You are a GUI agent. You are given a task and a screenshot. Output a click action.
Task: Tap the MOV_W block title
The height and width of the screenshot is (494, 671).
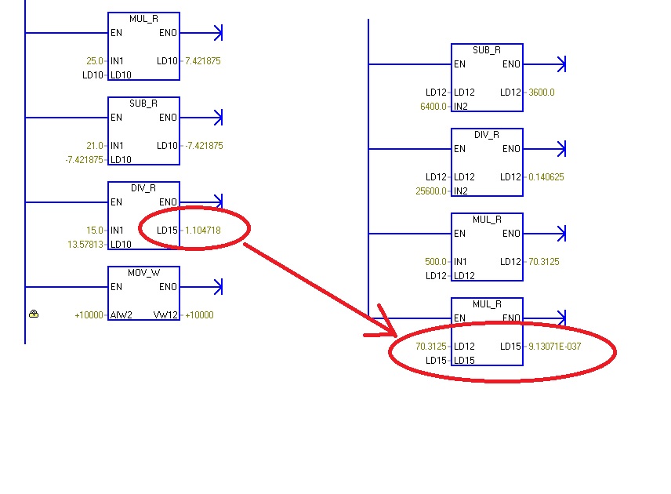click(x=143, y=272)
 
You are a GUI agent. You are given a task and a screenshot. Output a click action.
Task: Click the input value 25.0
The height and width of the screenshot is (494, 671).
click(x=95, y=60)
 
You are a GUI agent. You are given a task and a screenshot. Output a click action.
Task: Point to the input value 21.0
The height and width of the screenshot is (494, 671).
click(x=95, y=145)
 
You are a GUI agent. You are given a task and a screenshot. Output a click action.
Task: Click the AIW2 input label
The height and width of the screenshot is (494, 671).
click(x=119, y=315)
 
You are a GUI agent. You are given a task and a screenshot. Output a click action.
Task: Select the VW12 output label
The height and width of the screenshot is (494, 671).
click(x=169, y=315)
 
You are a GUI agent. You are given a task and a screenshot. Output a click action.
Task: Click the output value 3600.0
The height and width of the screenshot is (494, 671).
click(x=542, y=93)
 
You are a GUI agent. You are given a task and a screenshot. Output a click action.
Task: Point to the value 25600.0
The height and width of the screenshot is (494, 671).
click(x=430, y=191)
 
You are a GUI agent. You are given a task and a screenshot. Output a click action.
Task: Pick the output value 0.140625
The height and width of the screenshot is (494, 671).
click(x=546, y=177)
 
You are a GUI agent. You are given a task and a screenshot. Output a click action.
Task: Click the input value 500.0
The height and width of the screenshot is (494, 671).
click(x=434, y=262)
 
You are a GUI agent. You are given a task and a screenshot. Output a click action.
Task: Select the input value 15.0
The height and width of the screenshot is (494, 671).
click(x=95, y=231)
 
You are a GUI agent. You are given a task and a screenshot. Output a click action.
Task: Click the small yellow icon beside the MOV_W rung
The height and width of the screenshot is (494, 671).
click(x=34, y=314)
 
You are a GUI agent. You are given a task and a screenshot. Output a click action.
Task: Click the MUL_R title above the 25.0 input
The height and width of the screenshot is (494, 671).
click(x=143, y=18)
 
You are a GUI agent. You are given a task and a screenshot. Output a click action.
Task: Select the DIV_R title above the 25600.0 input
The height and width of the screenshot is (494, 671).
click(x=487, y=134)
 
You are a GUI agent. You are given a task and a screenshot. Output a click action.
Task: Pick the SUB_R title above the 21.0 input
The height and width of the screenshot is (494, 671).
click(x=143, y=103)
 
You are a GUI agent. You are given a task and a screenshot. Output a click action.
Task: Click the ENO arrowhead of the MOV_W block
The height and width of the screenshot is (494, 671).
click(x=219, y=287)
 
